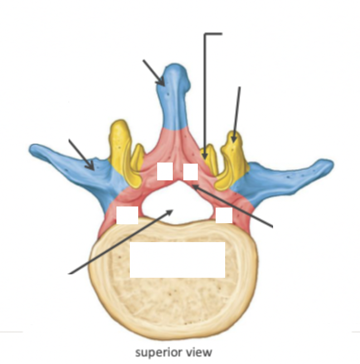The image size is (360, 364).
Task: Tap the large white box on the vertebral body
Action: pos(177,259)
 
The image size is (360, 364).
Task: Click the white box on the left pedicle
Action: pos(127,215)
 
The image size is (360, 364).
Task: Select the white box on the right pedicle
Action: pos(224,215)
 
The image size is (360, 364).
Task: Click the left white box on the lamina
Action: pos(164,171)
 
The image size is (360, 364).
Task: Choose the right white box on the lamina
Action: pos(191,172)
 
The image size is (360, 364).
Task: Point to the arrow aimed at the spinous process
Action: pos(154,72)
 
